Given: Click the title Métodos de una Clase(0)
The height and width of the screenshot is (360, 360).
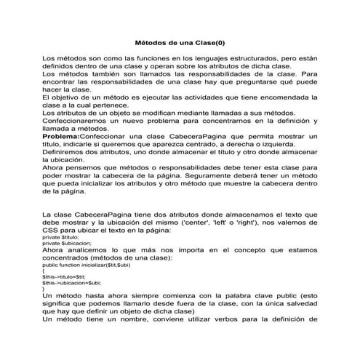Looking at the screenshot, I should (x=180, y=42).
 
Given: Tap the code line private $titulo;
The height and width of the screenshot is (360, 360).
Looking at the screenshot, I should (x=60, y=237).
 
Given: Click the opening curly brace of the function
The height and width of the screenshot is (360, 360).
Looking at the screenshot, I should (x=44, y=271).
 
